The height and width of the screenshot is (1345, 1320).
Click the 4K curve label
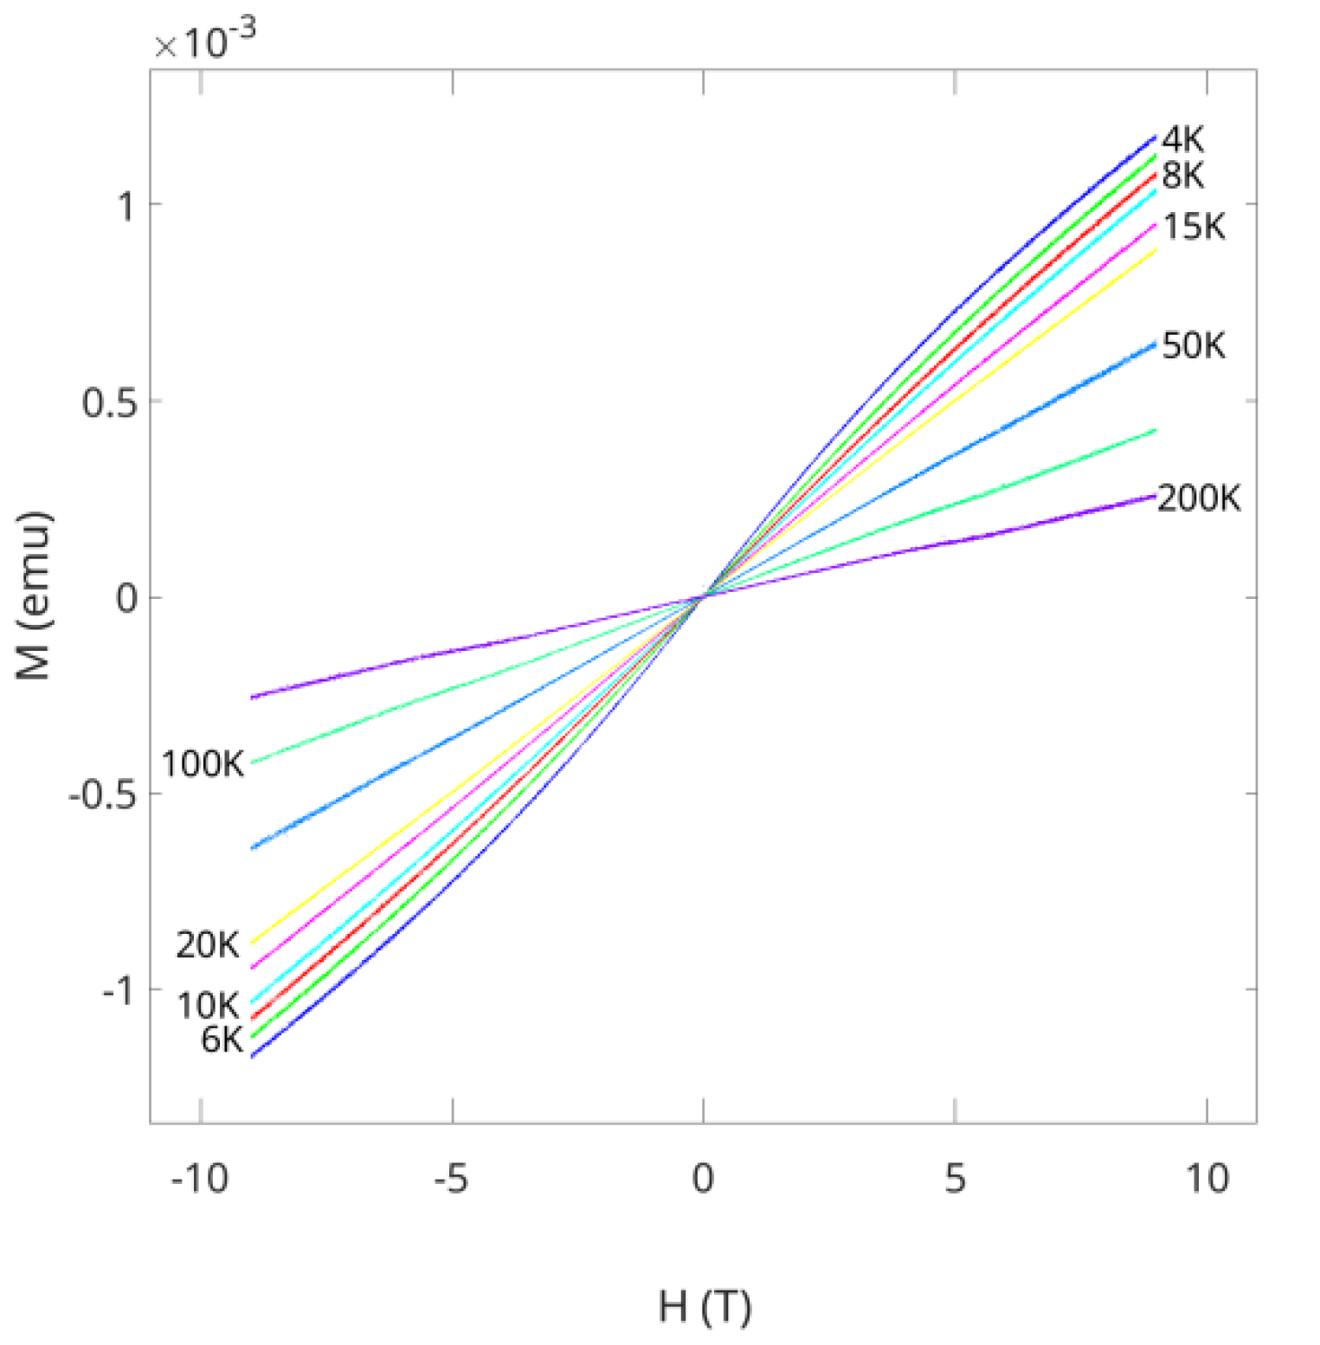1182,139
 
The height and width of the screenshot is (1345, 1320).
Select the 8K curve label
1182,176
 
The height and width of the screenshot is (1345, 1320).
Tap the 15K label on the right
1194,227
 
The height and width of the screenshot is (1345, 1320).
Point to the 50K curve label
1194,346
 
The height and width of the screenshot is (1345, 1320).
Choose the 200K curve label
1199,499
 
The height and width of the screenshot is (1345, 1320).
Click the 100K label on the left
203,765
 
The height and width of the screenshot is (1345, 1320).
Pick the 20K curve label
208,945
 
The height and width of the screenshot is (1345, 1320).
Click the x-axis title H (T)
705,1307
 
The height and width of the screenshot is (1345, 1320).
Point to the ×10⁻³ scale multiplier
206,41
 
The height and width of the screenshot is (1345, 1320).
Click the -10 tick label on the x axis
200,1179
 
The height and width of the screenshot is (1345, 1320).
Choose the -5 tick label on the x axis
451,1179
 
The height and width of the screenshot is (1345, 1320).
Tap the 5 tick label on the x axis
955,1179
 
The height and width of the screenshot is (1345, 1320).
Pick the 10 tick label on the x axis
1207,1179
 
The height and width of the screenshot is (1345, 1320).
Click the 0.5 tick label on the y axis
109,402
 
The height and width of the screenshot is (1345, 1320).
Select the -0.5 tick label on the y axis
102,795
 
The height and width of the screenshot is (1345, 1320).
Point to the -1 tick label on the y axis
119,990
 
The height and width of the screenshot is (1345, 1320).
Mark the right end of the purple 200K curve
1154,497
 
